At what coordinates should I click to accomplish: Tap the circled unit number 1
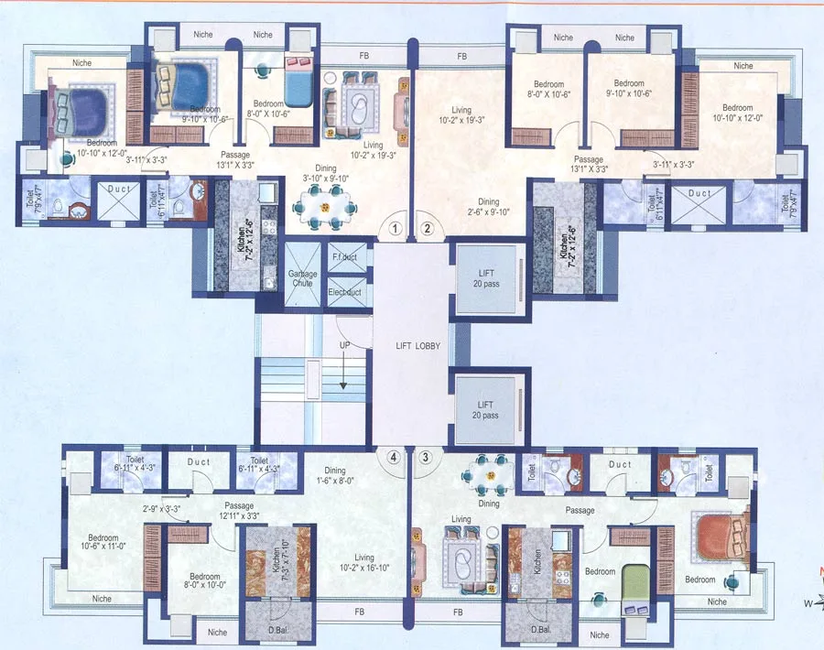(x=396, y=229)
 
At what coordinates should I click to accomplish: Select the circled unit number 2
(x=427, y=229)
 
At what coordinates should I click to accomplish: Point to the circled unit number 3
(x=425, y=455)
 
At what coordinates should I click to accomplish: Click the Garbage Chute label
(x=303, y=278)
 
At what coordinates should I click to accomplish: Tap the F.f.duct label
(x=343, y=257)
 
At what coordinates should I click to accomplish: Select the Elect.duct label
(x=344, y=292)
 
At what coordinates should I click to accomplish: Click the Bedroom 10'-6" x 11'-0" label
(x=103, y=543)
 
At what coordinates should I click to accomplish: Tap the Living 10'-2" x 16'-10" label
(x=352, y=562)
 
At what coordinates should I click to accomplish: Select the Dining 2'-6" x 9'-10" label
(x=488, y=207)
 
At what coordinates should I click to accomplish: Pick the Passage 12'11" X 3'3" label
(x=238, y=511)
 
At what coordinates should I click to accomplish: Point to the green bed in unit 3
(x=634, y=582)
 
